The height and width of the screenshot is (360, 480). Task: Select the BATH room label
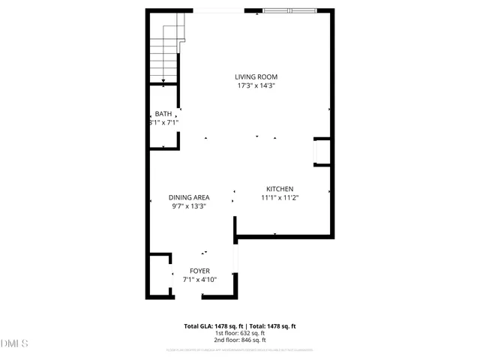163,113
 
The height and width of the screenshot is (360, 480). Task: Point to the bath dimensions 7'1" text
163,121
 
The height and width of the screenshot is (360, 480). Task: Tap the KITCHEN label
279,189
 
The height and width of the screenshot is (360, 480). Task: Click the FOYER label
199,271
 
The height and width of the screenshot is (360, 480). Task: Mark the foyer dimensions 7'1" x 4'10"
199,279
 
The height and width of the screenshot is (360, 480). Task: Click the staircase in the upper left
165,49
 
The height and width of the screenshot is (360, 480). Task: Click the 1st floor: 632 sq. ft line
240,333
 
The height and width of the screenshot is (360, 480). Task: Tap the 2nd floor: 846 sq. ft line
240,340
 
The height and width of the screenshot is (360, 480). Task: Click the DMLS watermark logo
14,343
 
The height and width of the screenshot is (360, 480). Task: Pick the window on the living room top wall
289,10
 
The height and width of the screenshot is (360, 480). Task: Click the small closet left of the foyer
159,275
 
